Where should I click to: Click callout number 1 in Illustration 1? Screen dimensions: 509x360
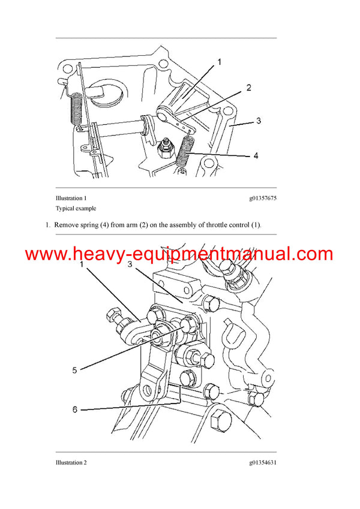click(219, 62)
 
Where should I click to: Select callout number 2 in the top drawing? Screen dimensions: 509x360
click(248, 88)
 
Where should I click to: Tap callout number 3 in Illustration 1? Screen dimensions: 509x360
click(259, 121)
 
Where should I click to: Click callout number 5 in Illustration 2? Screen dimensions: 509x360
click(75, 370)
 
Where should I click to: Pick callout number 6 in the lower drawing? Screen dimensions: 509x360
click(75, 409)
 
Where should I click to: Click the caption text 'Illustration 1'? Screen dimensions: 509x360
click(71, 198)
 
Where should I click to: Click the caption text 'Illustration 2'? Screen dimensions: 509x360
click(71, 462)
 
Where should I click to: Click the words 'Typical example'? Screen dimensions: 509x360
click(76, 209)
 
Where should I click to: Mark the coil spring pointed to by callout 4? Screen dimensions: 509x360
click(187, 154)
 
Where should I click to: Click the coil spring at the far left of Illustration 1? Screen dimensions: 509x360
click(76, 111)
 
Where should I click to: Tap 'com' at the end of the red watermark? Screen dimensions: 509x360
click(312, 254)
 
